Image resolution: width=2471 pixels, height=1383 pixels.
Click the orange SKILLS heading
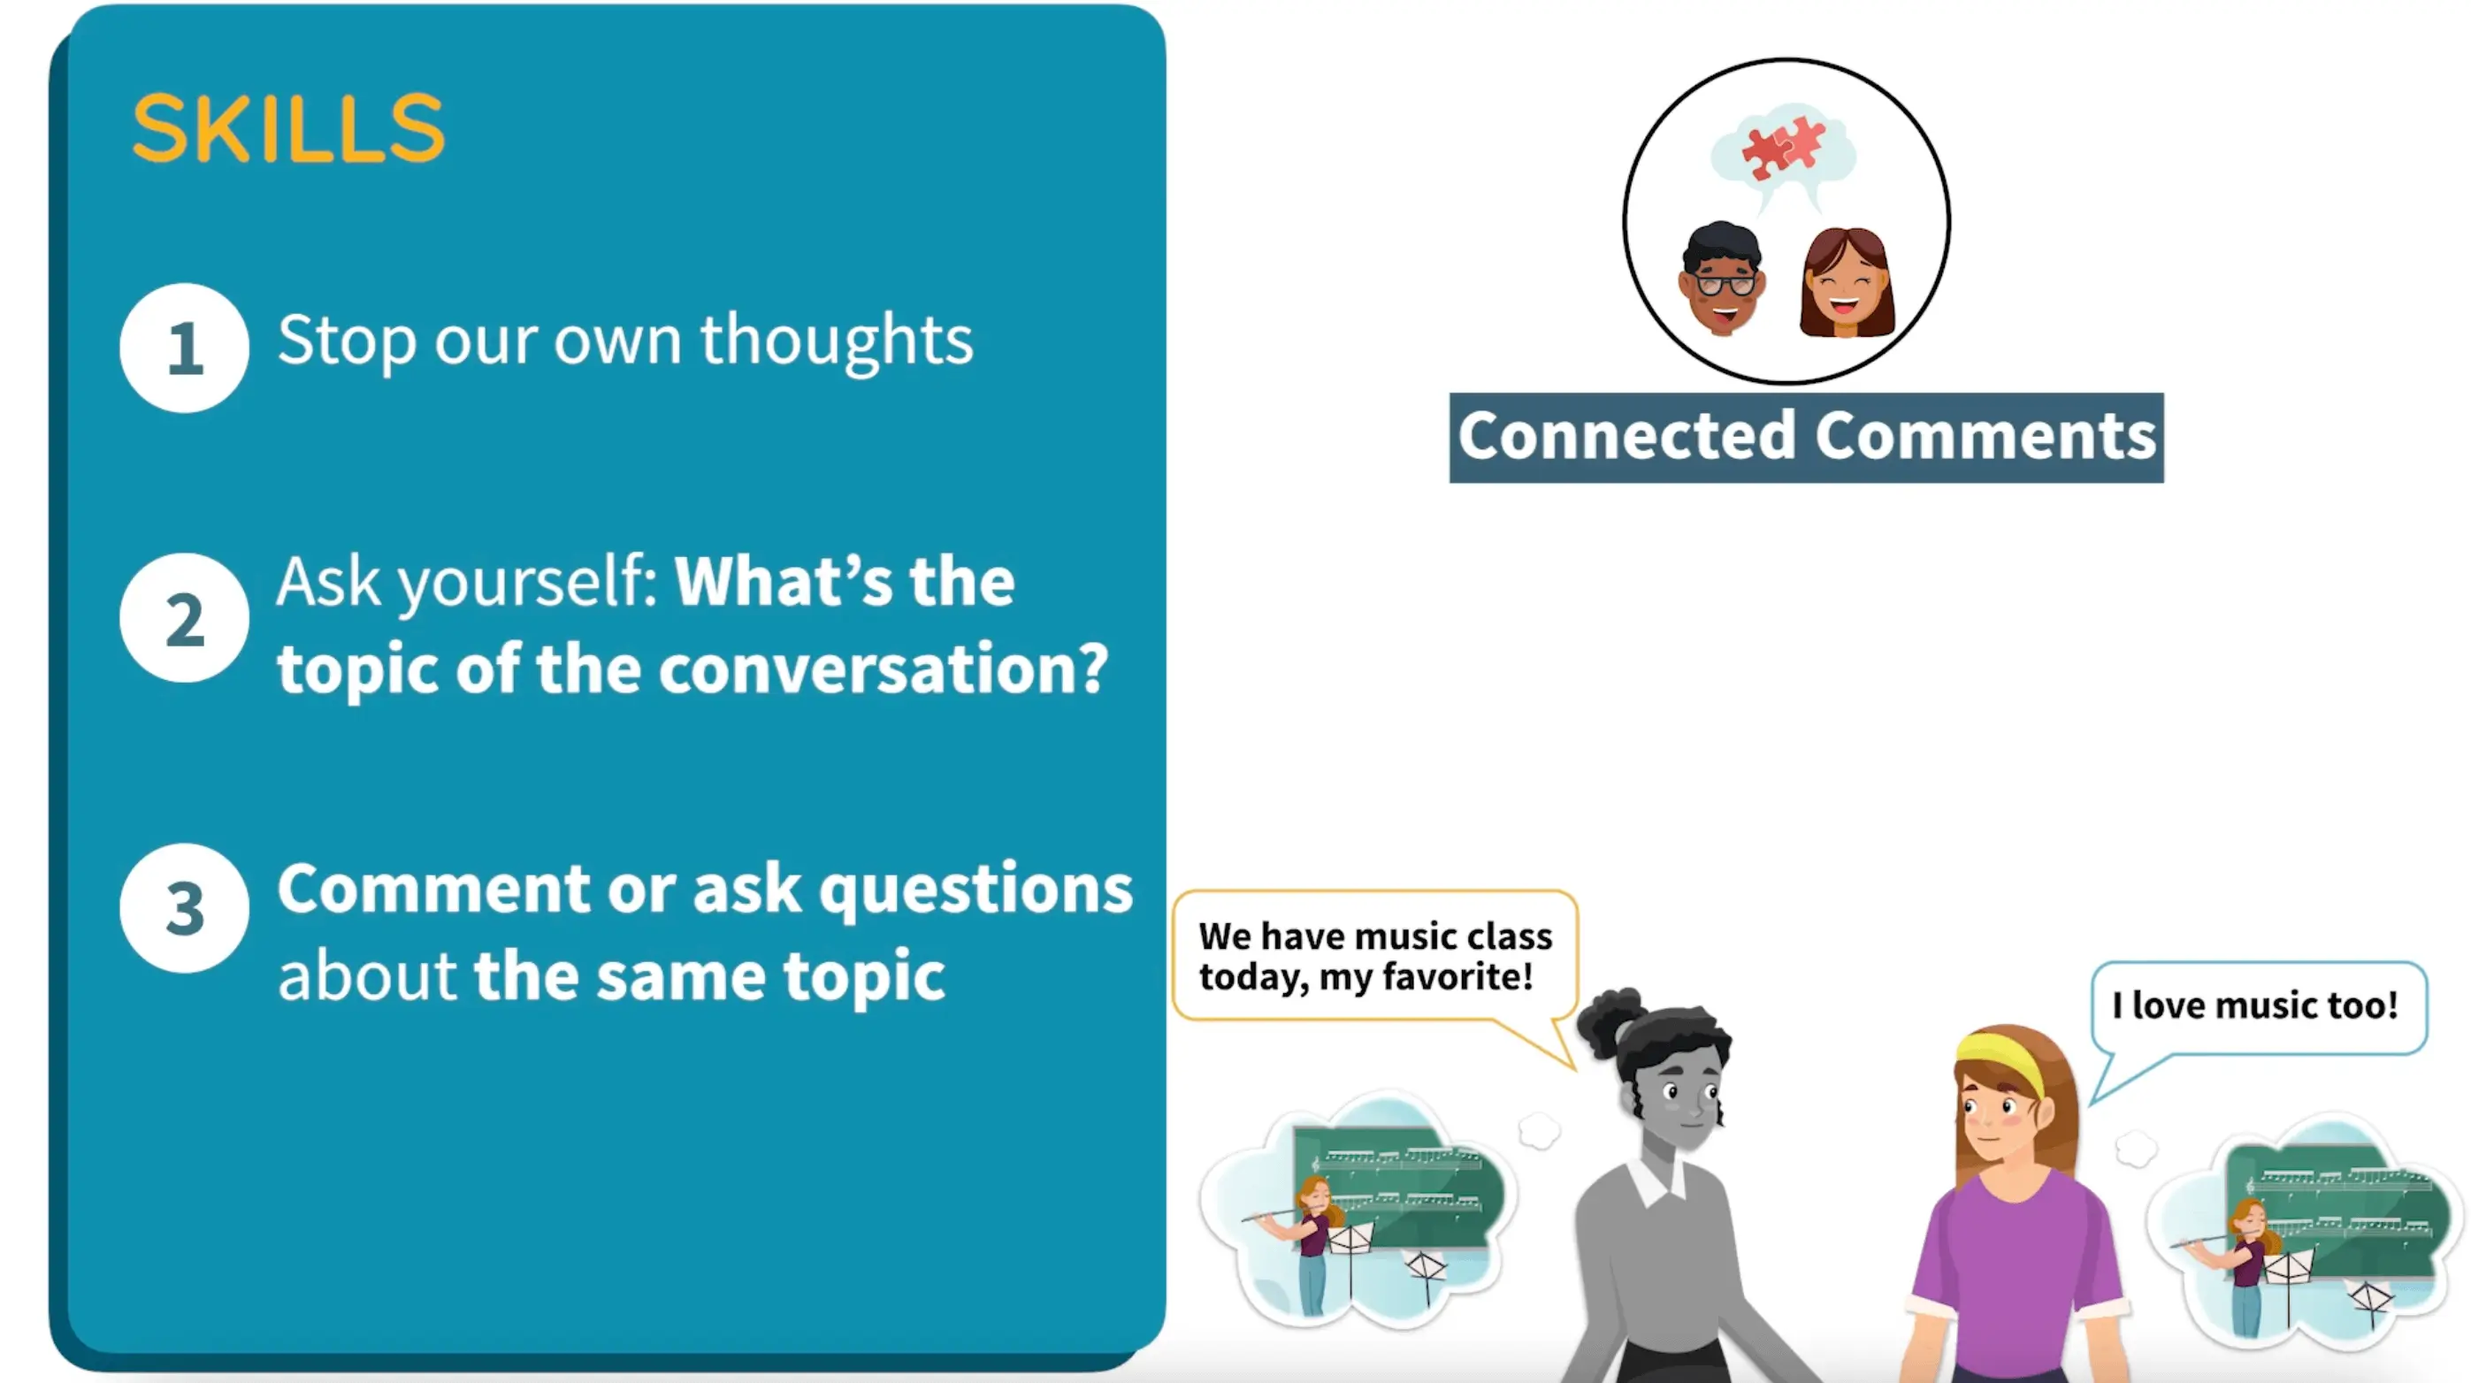[x=288, y=127]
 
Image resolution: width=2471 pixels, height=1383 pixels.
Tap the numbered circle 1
[x=184, y=348]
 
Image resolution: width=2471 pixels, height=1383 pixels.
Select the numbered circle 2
[x=184, y=617]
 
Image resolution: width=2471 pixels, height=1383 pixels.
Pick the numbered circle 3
[x=184, y=908]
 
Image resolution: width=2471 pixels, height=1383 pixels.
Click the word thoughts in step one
[x=837, y=341]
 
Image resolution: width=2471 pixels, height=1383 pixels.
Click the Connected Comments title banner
[x=1806, y=438]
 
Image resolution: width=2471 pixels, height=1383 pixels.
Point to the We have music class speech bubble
[x=1374, y=956]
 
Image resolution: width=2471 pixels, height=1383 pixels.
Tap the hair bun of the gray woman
[x=1609, y=1020]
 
